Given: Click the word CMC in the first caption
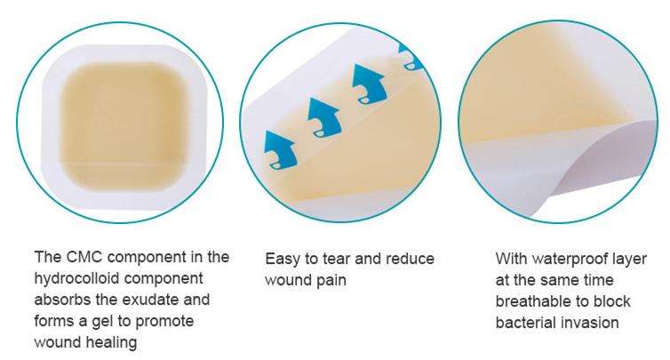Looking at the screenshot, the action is pyautogui.click(x=84, y=257).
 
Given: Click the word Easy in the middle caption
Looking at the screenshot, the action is pyautogui.click(x=282, y=260).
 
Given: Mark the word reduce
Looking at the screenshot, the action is pyautogui.click(x=410, y=259).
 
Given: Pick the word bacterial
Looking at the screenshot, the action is pyautogui.click(x=525, y=323).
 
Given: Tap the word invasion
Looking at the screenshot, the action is pyautogui.click(x=590, y=323).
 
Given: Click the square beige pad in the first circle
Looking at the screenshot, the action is pyautogui.click(x=124, y=126).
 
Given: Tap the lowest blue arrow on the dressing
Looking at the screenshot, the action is pyautogui.click(x=280, y=149).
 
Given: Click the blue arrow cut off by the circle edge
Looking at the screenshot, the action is pyautogui.click(x=411, y=56).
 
